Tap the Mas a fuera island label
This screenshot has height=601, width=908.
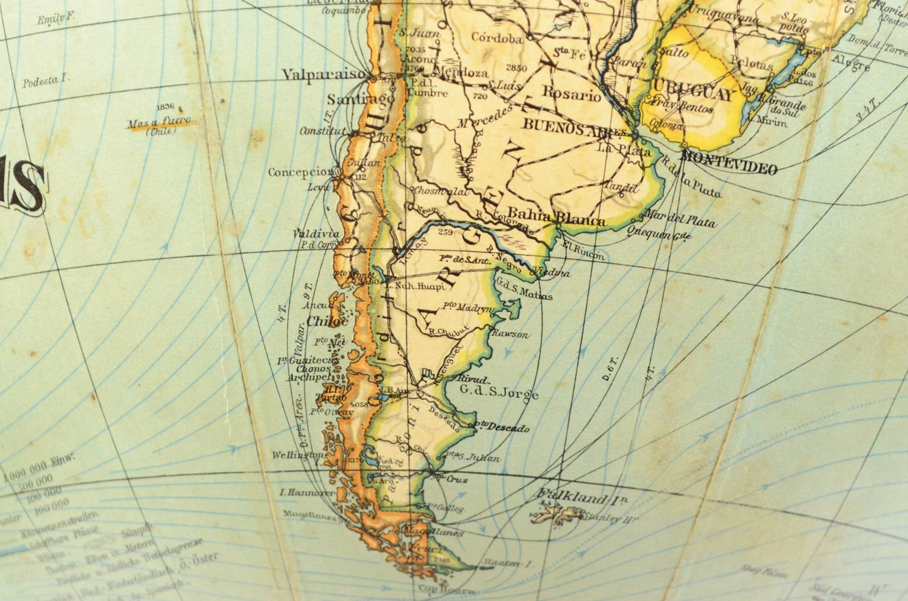click(x=158, y=123)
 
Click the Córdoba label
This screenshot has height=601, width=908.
click(x=497, y=39)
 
